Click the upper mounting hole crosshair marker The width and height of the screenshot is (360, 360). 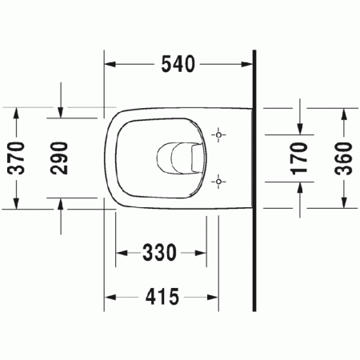coord(218,135)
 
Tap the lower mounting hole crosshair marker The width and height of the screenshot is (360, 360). coord(218,181)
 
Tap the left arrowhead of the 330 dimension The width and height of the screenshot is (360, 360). coord(122,254)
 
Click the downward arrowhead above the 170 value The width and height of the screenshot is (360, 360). coord(300,127)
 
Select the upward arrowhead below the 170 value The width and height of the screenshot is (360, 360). coord(300,187)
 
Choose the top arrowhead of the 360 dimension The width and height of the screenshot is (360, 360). coord(343,113)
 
